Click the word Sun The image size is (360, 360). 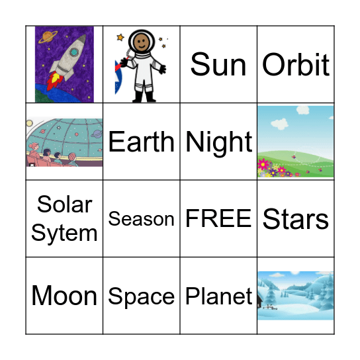coord(218,65)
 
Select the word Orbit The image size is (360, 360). coord(296,65)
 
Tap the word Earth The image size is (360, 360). coord(141,142)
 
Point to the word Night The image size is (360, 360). coord(219,142)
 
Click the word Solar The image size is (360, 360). coord(64,204)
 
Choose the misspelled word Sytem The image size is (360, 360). coord(64,233)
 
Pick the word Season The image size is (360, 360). coord(141,219)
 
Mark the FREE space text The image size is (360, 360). coord(218,219)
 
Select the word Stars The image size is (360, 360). coord(296,219)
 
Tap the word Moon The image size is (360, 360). coord(64,296)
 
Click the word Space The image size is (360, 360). coord(141,296)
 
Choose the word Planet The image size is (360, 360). coord(219,296)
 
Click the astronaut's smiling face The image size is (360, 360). coord(140,42)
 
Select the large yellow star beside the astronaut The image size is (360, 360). coord(120,38)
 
